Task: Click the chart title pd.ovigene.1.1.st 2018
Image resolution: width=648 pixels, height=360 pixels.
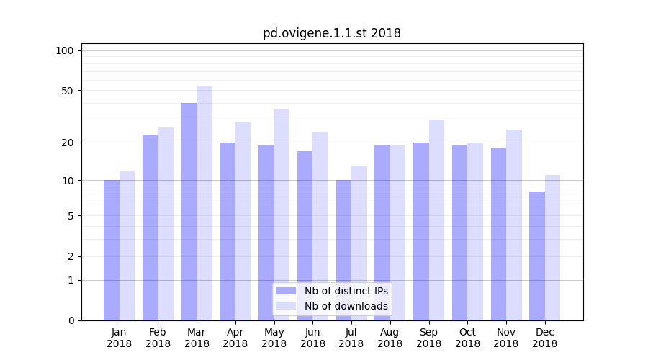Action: pyautogui.click(x=331, y=33)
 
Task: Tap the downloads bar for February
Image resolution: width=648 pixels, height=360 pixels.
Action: pyautogui.click(x=166, y=224)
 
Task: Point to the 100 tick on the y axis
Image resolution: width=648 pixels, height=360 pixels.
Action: pyautogui.click(x=65, y=50)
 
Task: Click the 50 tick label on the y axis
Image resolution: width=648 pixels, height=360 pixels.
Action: pyautogui.click(x=68, y=91)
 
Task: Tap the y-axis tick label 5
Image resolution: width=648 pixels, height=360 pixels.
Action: pyautogui.click(x=71, y=216)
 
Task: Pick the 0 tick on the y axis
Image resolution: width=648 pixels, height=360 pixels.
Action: pyautogui.click(x=71, y=320)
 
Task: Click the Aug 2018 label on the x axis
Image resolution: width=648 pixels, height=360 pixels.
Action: pyautogui.click(x=390, y=338)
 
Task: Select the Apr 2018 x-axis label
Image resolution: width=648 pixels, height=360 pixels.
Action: pyautogui.click(x=235, y=338)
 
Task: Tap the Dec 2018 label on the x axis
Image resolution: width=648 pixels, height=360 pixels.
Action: pyautogui.click(x=544, y=338)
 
